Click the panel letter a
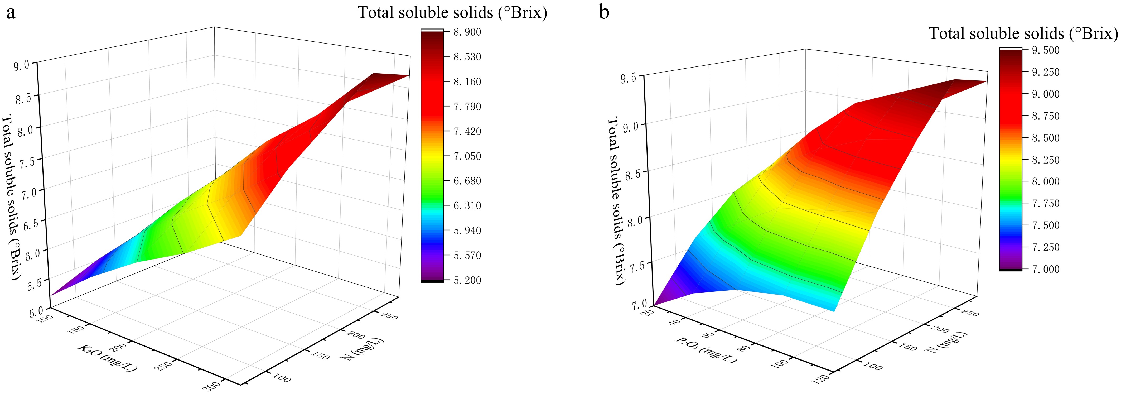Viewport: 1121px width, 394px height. coord(11,13)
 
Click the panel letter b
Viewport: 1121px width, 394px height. coord(605,12)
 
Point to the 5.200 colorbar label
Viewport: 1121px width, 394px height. coord(467,280)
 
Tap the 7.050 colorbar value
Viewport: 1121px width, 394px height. coord(467,156)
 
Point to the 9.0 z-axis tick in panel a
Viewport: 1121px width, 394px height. coord(22,65)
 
